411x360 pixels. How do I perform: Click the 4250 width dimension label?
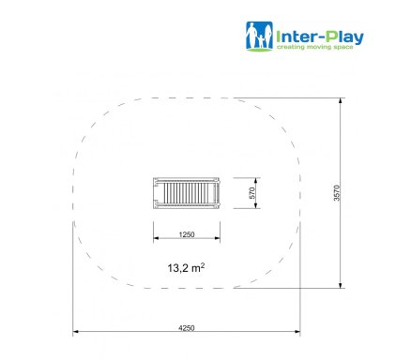pyautogui.click(x=187, y=328)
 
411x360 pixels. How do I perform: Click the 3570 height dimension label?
pyautogui.click(x=337, y=193)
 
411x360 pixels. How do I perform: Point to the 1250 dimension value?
pyautogui.click(x=187, y=234)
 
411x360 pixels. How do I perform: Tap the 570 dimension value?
pyautogui.click(x=252, y=193)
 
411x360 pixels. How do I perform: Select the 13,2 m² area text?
pyautogui.click(x=186, y=268)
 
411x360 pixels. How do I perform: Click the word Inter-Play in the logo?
pyautogui.click(x=320, y=37)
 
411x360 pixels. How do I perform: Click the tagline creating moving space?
pyautogui.click(x=315, y=47)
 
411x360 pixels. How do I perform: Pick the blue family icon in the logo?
pyautogui.click(x=259, y=36)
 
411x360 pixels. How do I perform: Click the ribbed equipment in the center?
pyautogui.click(x=187, y=193)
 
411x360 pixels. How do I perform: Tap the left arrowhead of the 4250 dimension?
pyautogui.click(x=75, y=332)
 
